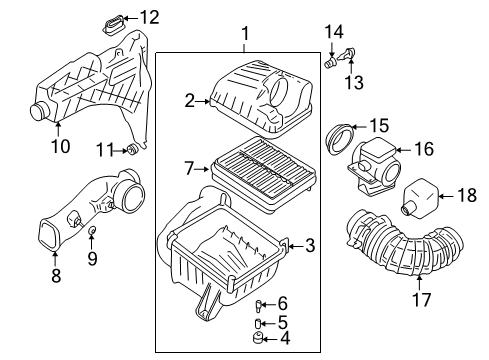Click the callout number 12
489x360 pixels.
[150, 16]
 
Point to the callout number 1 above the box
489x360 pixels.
[245, 38]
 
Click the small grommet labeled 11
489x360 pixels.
[131, 150]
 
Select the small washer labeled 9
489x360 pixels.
[92, 233]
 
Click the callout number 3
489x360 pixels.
[309, 244]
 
